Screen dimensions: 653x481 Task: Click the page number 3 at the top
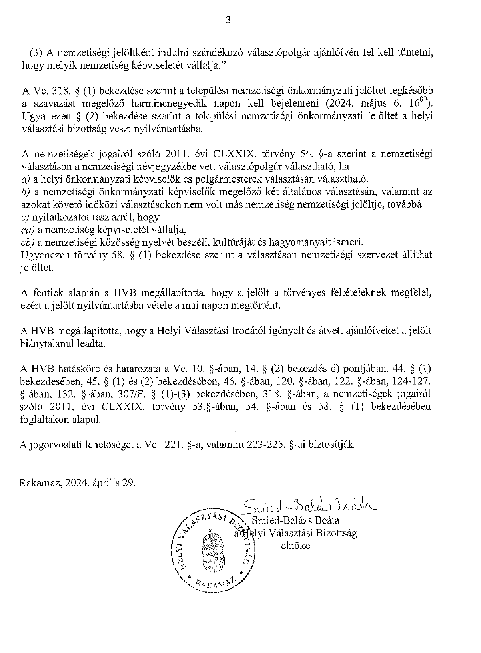228,21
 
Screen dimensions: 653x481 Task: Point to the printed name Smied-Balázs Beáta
296,520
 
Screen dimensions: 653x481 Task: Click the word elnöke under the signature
296,545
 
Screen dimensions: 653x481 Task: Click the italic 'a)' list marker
25,178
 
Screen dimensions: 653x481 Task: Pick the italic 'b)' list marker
25,191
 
